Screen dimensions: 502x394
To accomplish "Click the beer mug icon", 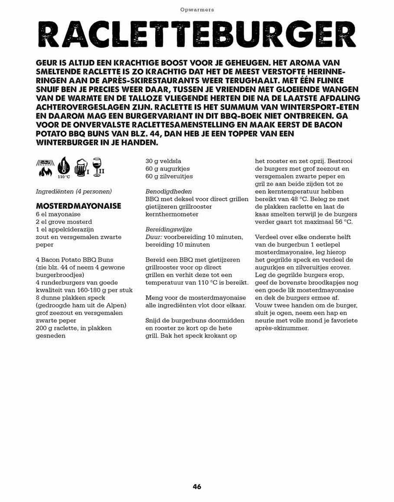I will tap(81, 169).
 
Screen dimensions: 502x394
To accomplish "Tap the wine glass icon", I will tap(97, 167).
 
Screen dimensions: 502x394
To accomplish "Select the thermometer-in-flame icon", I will tap(64, 167).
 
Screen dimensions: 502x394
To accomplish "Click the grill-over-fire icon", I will tap(46, 168).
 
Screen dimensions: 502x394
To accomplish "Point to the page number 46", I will tap(197, 487).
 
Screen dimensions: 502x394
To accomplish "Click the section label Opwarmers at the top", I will tap(197, 9).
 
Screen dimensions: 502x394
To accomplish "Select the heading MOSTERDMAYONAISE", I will tap(79, 206).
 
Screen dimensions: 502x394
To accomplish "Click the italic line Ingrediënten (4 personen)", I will tap(74, 192).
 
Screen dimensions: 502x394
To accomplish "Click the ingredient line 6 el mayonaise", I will tap(58, 214).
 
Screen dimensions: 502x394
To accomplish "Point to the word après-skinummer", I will tap(282, 328).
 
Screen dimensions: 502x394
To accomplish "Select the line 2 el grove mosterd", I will tap(64, 222).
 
